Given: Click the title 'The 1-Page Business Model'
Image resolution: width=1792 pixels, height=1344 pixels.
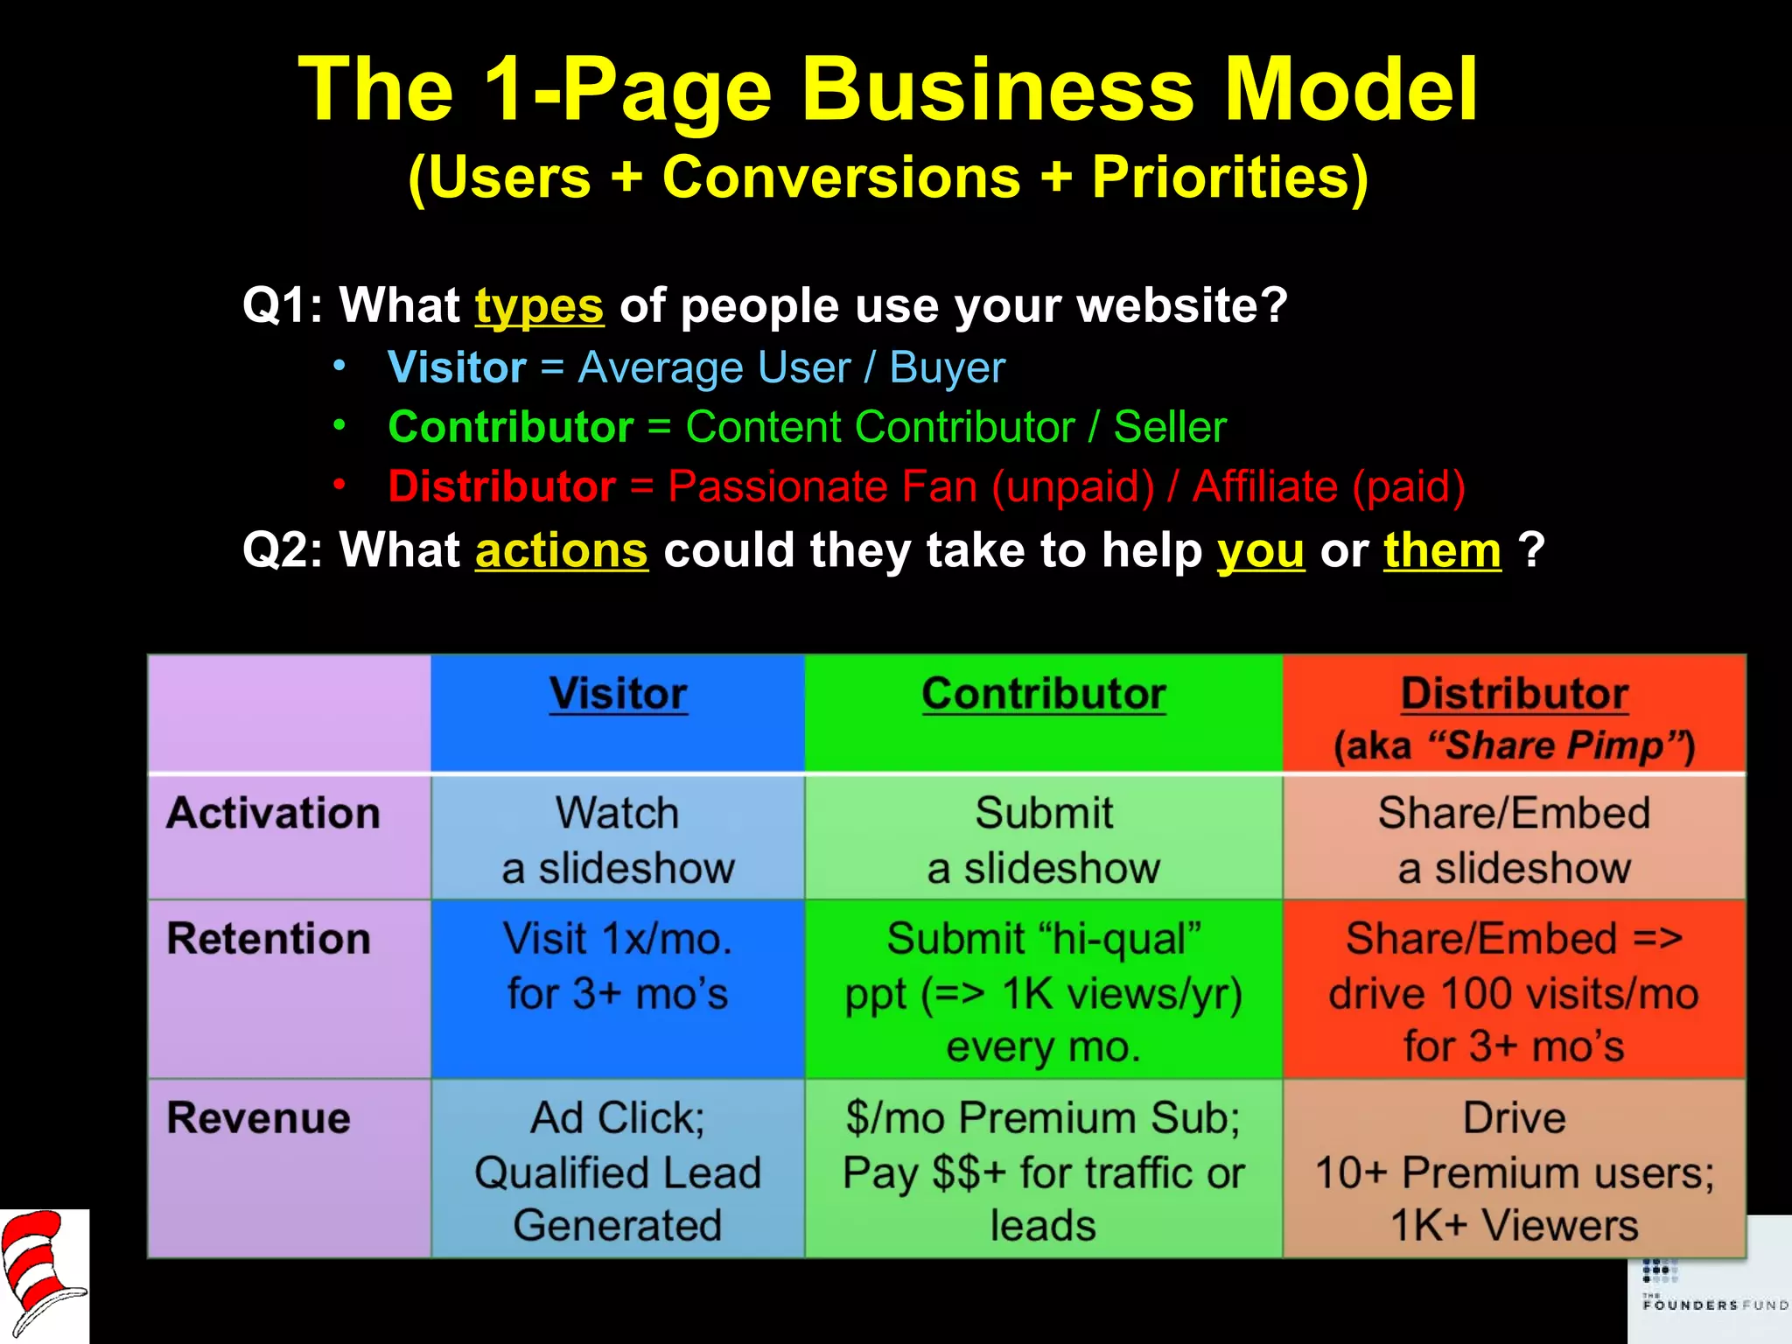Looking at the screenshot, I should tap(887, 89).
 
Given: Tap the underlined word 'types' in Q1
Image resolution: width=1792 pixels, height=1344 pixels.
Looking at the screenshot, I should tap(539, 305).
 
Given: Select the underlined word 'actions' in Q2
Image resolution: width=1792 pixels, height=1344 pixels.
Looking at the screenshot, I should tap(561, 550).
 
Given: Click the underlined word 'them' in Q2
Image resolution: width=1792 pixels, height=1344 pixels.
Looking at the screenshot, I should tap(1442, 550).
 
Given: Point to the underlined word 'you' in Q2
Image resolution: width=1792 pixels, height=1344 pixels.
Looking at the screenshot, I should tap(1260, 552).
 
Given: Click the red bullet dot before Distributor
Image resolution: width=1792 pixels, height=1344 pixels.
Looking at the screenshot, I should tap(339, 484).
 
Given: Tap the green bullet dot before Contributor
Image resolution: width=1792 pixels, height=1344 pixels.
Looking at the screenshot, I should tap(339, 425).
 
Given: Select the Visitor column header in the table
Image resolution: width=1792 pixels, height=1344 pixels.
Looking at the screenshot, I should tap(618, 695).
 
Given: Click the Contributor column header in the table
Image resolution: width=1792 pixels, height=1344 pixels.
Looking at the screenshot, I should tap(1043, 695).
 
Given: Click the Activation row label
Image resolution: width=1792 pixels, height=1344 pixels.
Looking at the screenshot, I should tap(274, 813).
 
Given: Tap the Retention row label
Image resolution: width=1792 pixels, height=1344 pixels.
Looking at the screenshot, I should tap(269, 939).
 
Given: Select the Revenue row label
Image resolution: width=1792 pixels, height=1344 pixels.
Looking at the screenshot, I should tap(259, 1118).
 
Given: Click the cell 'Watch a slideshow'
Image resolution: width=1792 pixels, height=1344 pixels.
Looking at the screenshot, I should tap(618, 839).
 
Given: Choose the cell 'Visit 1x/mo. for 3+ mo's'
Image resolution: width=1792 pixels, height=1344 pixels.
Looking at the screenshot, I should tap(618, 967).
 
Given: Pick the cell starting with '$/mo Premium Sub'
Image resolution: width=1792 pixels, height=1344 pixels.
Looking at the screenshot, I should tap(1043, 1171).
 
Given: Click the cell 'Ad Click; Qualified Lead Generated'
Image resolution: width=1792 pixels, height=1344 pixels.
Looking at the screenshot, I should tap(618, 1171).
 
